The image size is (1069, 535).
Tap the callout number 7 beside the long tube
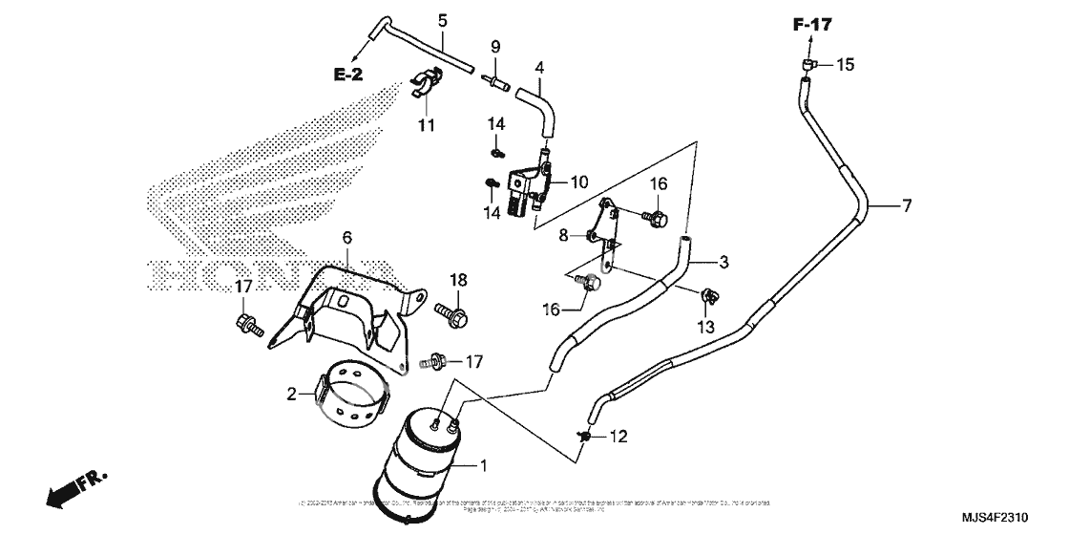[907, 205]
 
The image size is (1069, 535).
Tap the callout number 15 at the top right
[845, 65]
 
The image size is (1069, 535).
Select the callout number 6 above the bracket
[347, 237]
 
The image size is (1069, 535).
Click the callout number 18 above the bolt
[459, 279]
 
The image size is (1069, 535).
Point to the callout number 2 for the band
[290, 392]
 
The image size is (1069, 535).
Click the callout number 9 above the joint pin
[495, 47]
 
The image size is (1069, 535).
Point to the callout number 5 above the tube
[443, 20]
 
